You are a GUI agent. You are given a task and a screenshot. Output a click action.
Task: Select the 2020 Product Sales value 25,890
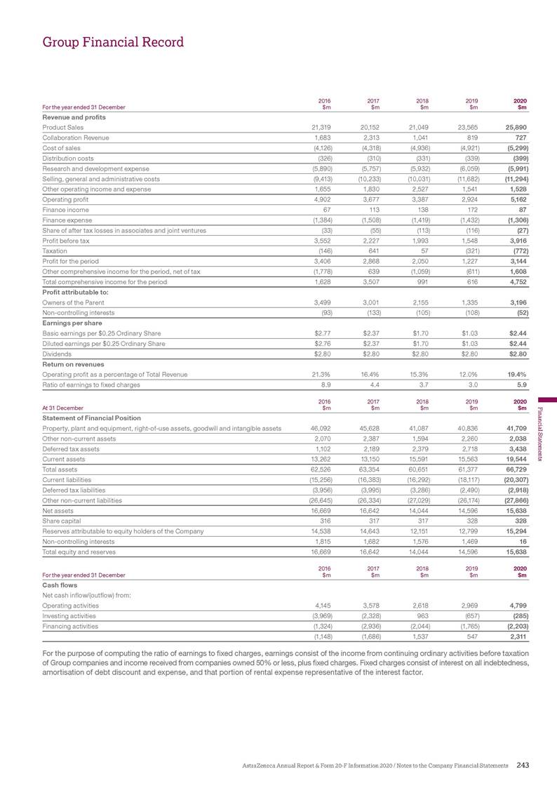coord(514,127)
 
